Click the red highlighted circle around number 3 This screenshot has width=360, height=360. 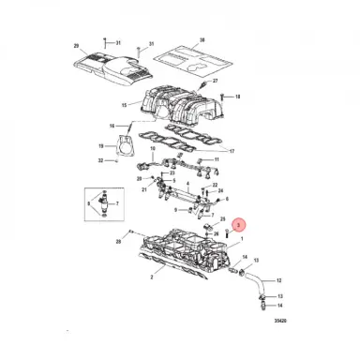pos(238,225)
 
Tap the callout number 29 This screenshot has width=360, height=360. pos(76,46)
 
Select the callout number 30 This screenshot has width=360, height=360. pos(202,41)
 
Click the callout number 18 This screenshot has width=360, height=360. pos(237,97)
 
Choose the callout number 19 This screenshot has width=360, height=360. pos(100,146)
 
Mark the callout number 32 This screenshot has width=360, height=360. pos(100,161)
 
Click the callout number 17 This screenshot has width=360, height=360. pos(232,151)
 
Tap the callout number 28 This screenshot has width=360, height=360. pos(119,242)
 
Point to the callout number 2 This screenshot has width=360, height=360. pos(125,278)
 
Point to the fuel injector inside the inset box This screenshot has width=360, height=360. pos(101,203)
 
